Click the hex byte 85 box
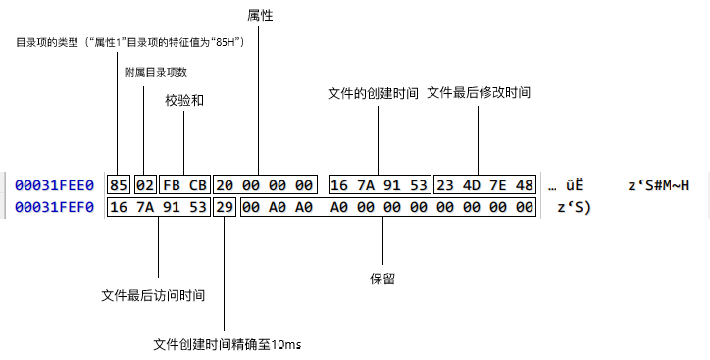119,184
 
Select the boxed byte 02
146,184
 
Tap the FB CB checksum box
184,184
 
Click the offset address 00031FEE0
54,185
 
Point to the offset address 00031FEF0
54,207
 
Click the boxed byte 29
225,207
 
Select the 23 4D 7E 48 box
485,184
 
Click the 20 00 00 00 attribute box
266,184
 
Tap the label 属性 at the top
260,16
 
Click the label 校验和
184,100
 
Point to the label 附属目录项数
156,72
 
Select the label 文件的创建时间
373,93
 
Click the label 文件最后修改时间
479,93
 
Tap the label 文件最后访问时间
153,295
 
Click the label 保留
382,279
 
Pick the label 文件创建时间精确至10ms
228,344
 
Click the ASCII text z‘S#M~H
659,185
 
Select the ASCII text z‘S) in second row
574,207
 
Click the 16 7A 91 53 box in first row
379,184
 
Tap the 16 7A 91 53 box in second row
159,207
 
